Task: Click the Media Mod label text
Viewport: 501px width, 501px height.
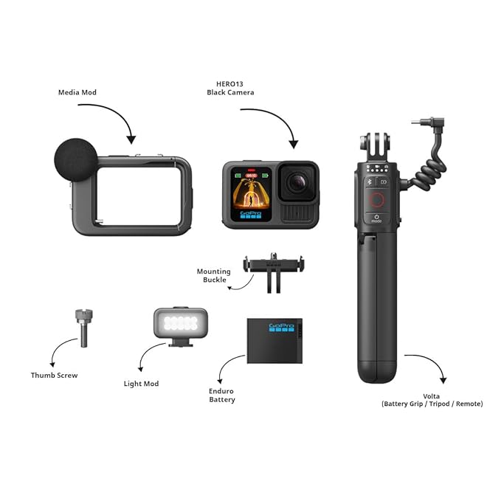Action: coord(77,93)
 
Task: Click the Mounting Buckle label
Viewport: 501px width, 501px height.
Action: coord(213,276)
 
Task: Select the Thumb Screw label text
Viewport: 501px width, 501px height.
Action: coord(55,375)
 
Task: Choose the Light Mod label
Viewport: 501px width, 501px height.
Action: coord(141,384)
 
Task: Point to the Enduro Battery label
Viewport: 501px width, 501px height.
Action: coord(221,395)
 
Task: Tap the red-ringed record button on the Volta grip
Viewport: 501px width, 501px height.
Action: coord(376,200)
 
